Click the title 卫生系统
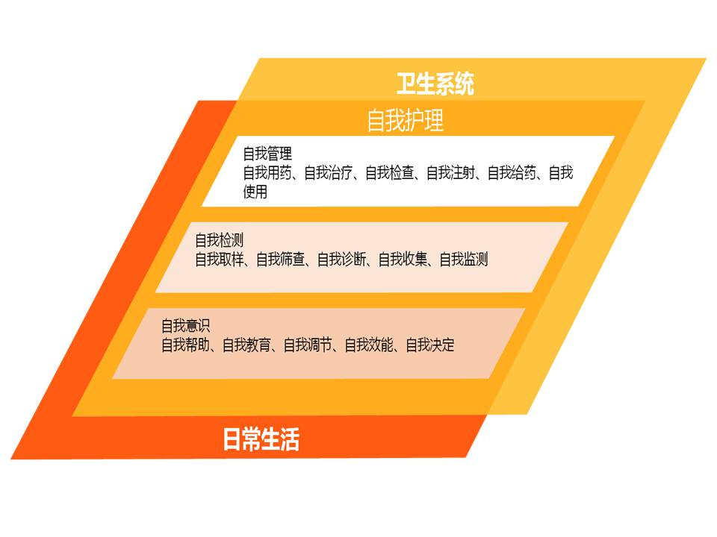point(435,84)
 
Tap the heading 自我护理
point(405,121)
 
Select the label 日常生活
point(261,439)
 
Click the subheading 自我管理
point(267,154)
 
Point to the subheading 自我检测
point(220,240)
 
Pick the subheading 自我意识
point(186,326)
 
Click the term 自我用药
point(267,172)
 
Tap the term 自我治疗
point(329,172)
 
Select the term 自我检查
point(390,172)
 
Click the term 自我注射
point(451,172)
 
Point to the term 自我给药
point(512,172)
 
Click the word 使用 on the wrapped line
point(255,192)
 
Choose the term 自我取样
point(220,260)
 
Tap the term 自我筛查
point(281,260)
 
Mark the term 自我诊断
point(342,260)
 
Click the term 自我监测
point(464,260)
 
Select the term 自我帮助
point(186,345)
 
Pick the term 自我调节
point(308,345)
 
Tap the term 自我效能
point(370,345)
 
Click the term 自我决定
point(430,345)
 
